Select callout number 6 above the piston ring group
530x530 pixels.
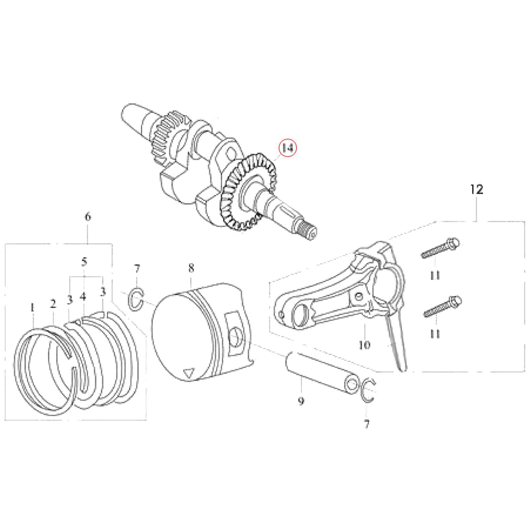[x=87, y=217]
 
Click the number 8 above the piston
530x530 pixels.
[x=191, y=268]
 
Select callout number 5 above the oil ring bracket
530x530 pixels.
[x=84, y=262]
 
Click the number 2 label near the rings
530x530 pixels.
[x=53, y=304]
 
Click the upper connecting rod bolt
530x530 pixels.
[x=440, y=249]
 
